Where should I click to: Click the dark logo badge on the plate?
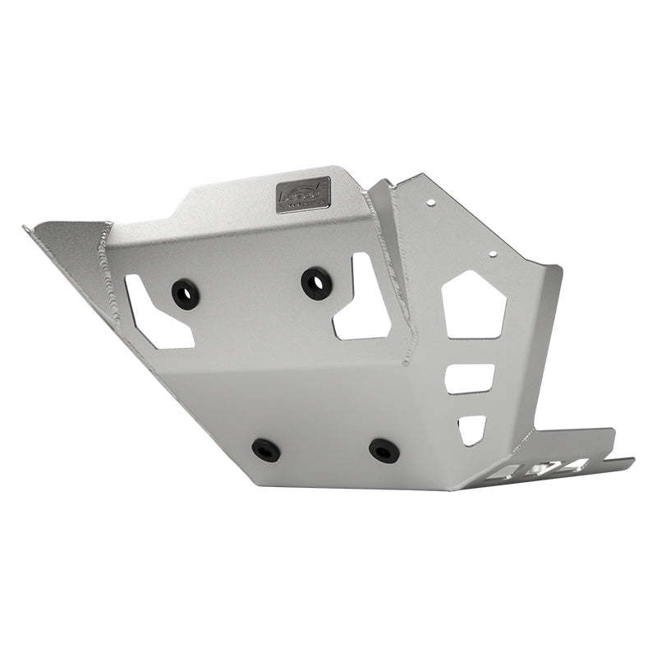pos(302,195)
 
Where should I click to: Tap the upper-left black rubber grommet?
pos(185,293)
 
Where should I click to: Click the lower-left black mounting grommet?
pos(265,449)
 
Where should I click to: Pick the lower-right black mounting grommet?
pos(384,449)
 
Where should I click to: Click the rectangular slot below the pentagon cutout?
pos(469,379)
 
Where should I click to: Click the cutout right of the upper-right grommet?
pos(361,300)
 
